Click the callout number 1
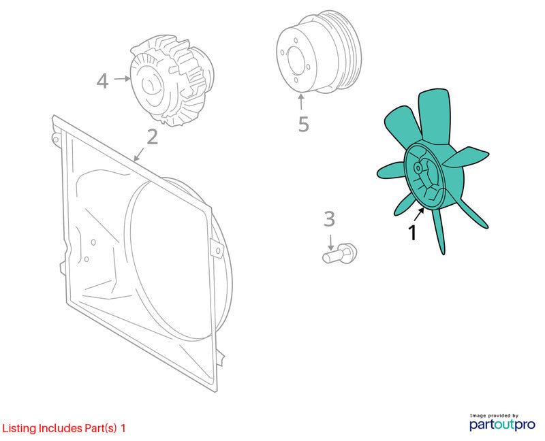[413, 232]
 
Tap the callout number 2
[152, 137]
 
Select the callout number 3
[329, 218]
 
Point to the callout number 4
[103, 80]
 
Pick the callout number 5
[303, 124]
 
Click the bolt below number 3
[339, 253]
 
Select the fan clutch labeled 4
[172, 80]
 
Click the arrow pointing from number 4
[122, 79]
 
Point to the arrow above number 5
[301, 102]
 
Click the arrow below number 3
[330, 242]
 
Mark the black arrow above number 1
[420, 214]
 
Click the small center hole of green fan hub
[418, 168]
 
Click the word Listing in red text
[19, 429]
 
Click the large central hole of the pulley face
[296, 61]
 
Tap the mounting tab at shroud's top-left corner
[56, 138]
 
